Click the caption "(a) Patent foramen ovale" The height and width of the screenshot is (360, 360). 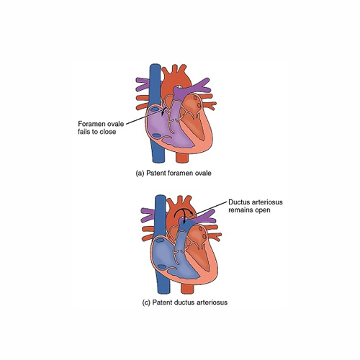(174, 173)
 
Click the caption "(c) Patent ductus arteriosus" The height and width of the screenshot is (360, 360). (185, 302)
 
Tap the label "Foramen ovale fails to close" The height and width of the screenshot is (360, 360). (101, 127)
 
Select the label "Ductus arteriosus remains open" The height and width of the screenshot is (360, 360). (256, 206)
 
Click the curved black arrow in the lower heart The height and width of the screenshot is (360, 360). (182, 210)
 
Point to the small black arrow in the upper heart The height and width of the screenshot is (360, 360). (164, 111)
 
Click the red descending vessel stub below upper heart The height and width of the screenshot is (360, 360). (182, 158)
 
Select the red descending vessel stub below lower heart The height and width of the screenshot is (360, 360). (187, 289)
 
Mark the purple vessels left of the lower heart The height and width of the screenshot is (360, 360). (148, 214)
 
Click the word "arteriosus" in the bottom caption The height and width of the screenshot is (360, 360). (212, 302)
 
